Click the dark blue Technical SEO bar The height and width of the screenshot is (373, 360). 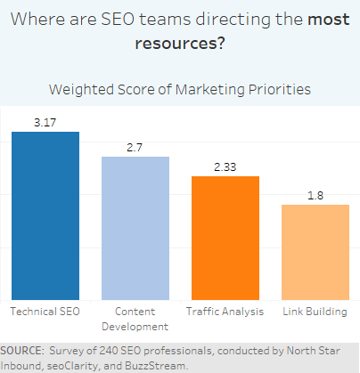click(45, 215)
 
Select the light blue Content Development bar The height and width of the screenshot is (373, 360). click(135, 228)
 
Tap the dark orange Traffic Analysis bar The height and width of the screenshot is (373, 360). click(225, 238)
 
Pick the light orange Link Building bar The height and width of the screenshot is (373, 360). click(315, 252)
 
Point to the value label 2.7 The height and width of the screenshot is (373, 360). click(135, 148)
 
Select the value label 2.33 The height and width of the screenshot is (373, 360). click(225, 167)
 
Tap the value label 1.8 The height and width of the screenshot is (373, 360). click(315, 196)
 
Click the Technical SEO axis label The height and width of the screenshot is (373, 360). click(45, 312)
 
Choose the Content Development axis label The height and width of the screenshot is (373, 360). click(135, 319)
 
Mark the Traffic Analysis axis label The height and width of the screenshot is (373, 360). click(225, 312)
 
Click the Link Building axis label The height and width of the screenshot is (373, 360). click(315, 312)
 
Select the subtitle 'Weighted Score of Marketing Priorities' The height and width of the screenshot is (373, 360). click(180, 88)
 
